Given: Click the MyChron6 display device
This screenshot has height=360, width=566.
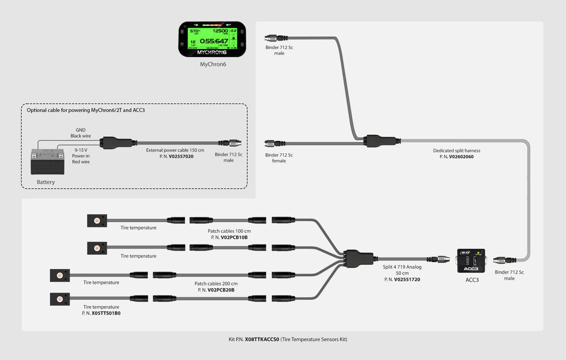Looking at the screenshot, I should [x=212, y=40].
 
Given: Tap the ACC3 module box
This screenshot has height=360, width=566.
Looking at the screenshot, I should [x=471, y=261].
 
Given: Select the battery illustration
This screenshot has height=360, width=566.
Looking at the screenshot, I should [x=47, y=161].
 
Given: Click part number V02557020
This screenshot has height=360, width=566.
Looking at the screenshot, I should [x=181, y=156].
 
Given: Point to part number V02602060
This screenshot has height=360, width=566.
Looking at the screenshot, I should [x=461, y=157].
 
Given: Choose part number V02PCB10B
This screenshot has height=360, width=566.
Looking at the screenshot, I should [x=234, y=237].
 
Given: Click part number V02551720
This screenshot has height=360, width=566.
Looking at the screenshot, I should [x=407, y=280].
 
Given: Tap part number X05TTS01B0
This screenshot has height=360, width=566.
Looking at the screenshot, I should [x=106, y=313].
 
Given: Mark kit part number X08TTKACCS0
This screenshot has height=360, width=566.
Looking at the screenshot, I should [x=262, y=339].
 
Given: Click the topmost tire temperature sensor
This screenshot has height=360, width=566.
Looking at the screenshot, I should [x=97, y=221].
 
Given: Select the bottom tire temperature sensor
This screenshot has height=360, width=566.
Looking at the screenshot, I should [x=60, y=299].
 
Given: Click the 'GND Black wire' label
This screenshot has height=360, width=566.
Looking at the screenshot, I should [x=80, y=133].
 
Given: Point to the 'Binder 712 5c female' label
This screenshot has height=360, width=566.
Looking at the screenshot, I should [x=279, y=158].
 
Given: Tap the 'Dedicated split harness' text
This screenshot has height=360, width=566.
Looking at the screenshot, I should [x=456, y=151].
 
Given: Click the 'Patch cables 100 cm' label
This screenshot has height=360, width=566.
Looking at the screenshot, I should [x=229, y=231].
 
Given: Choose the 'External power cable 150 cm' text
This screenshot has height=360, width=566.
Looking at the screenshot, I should [x=175, y=150].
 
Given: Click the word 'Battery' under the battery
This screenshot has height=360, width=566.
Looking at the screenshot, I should [x=46, y=182].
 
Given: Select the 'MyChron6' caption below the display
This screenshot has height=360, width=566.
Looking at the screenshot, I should [x=213, y=64].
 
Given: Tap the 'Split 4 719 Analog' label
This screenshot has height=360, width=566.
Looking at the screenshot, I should [x=402, y=267].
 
